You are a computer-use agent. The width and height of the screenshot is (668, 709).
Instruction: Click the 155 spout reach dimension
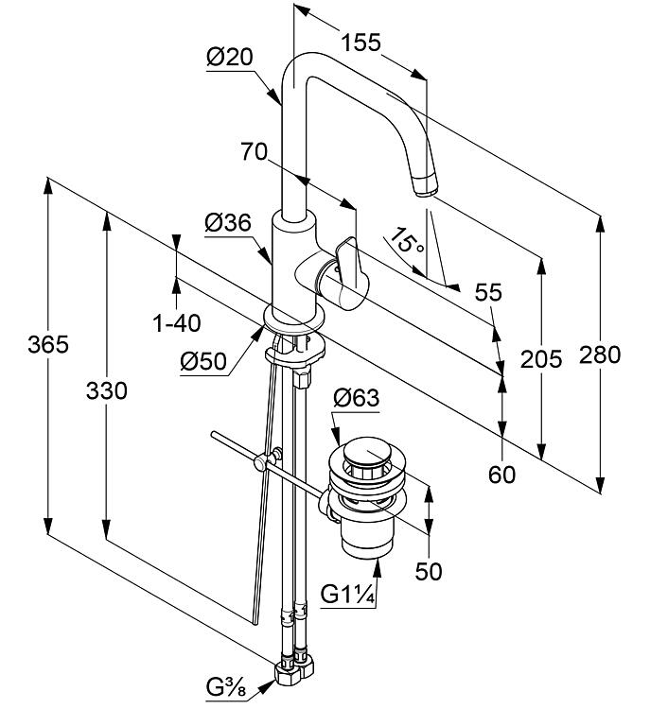360,43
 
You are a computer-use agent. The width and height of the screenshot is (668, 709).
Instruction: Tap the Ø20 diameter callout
230,58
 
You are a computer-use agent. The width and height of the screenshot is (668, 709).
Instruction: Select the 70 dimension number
254,151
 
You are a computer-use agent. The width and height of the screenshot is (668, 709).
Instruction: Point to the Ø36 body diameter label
228,223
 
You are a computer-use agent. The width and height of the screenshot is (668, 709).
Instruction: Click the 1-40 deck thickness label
177,323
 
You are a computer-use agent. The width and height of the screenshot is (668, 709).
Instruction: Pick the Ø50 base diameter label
203,362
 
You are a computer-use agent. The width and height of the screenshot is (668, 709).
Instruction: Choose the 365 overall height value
48,344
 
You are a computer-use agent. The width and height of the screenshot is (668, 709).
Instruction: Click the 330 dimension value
107,391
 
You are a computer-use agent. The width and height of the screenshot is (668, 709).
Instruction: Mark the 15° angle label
407,240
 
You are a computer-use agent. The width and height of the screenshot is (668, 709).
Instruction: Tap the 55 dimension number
488,292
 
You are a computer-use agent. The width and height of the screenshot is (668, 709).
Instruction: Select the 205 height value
541,359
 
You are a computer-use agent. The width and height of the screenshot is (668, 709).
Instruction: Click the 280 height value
600,354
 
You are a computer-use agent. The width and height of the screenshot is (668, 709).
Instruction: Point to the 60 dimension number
501,475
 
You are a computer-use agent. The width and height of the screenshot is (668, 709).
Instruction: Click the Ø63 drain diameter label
356,398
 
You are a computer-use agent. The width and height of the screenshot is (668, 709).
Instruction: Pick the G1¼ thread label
347,595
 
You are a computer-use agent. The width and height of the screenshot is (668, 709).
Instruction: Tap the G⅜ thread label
226,688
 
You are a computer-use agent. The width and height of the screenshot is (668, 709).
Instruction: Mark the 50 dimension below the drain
428,572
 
